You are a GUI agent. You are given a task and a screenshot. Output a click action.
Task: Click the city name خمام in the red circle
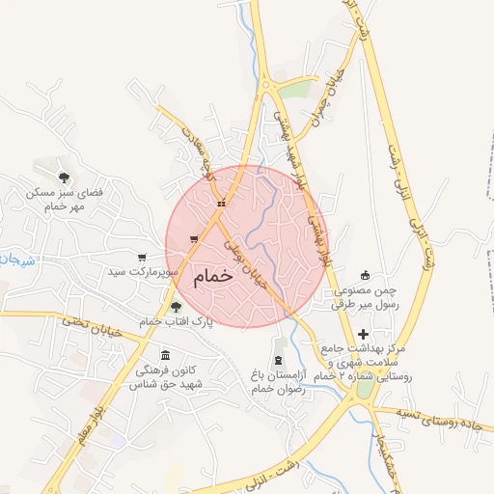(214, 276)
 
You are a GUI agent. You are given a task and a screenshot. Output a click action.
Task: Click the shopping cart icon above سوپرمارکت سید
(142, 258)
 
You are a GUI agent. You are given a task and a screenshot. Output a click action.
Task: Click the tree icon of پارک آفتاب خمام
(176, 307)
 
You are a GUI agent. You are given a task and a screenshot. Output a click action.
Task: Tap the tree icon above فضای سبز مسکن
(64, 177)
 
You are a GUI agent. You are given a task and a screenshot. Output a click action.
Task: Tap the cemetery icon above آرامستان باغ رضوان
(279, 360)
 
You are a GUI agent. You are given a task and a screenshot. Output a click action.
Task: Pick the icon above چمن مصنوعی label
(364, 275)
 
